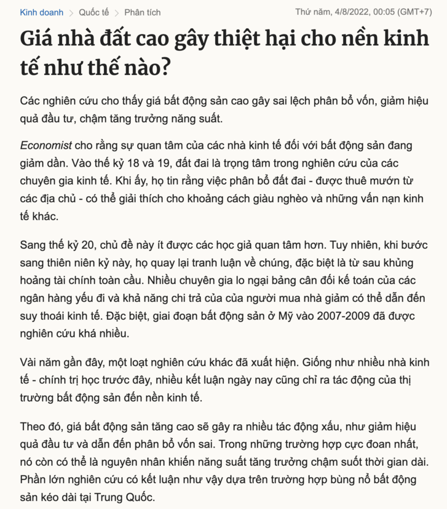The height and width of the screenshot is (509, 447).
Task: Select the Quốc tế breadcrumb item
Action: (x=95, y=12)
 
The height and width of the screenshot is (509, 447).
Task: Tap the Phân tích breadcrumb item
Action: (x=143, y=12)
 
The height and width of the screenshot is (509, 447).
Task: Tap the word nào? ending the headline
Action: (x=148, y=67)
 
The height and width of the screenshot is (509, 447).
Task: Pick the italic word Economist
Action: (x=45, y=146)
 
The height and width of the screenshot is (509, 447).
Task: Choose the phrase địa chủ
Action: (x=54, y=199)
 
